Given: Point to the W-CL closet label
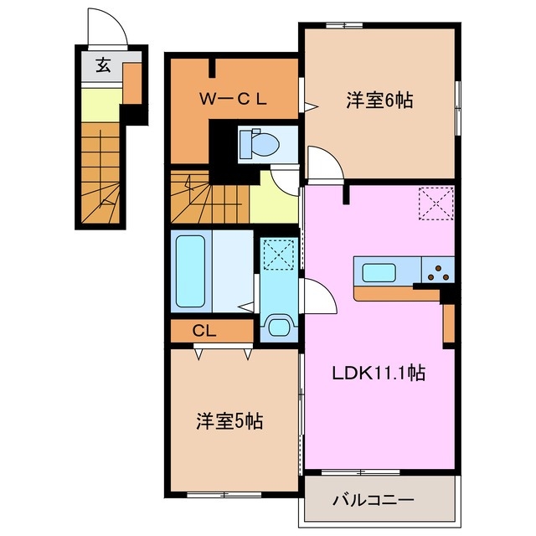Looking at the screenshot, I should (x=232, y=99).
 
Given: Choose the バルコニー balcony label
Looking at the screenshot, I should (x=373, y=501).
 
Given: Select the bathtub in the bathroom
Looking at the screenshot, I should (x=193, y=271).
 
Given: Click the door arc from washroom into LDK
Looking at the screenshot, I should (x=319, y=296).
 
